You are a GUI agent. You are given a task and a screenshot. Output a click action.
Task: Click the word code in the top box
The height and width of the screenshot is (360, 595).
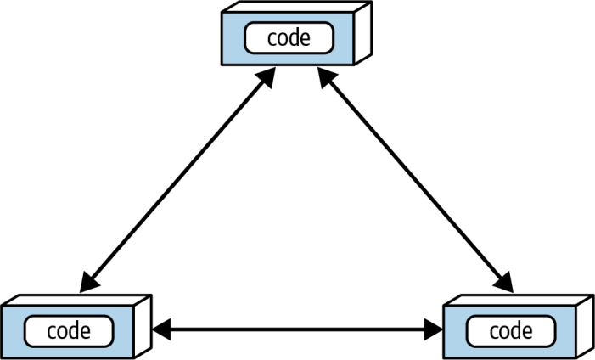[289, 38]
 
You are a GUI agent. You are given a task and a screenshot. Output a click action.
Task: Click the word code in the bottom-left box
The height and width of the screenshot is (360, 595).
[69, 331]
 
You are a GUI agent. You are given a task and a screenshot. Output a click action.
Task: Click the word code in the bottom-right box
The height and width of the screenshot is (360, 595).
[511, 331]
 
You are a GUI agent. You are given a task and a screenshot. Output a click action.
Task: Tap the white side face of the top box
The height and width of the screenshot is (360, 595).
[362, 33]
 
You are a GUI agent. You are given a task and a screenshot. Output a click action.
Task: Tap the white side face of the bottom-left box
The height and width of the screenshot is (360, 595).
[143, 326]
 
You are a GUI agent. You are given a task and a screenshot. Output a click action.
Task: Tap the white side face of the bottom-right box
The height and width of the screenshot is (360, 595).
[585, 326]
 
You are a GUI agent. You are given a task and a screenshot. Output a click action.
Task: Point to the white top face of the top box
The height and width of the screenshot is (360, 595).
[297, 7]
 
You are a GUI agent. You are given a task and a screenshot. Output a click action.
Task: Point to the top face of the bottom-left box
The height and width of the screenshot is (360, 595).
[76, 300]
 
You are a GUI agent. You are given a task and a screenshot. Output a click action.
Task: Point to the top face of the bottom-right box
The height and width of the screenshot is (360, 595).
[519, 300]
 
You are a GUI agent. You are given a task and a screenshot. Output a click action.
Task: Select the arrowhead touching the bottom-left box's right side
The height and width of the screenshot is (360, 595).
[161, 329]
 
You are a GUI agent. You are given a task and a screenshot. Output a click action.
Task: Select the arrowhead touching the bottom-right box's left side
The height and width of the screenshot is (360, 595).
[434, 329]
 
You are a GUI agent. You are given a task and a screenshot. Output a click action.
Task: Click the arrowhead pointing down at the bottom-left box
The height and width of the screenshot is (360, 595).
[89, 283]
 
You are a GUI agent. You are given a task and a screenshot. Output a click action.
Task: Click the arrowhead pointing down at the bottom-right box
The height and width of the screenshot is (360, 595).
[504, 283]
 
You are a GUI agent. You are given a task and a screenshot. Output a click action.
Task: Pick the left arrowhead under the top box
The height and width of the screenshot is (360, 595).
[267, 77]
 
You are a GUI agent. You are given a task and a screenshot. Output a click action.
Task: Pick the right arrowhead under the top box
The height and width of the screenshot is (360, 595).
[326, 77]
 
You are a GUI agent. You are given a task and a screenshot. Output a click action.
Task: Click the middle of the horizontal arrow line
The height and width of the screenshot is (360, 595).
[297, 329]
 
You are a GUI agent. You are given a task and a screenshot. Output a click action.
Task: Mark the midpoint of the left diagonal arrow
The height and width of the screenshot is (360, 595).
[177, 180]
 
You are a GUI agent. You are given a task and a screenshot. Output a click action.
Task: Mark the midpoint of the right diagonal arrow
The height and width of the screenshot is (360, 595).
[416, 180]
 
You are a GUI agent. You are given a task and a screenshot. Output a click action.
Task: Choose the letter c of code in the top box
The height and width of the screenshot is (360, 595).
[272, 40]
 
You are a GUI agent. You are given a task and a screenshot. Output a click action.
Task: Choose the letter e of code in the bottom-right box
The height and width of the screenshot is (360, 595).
[527, 333]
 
